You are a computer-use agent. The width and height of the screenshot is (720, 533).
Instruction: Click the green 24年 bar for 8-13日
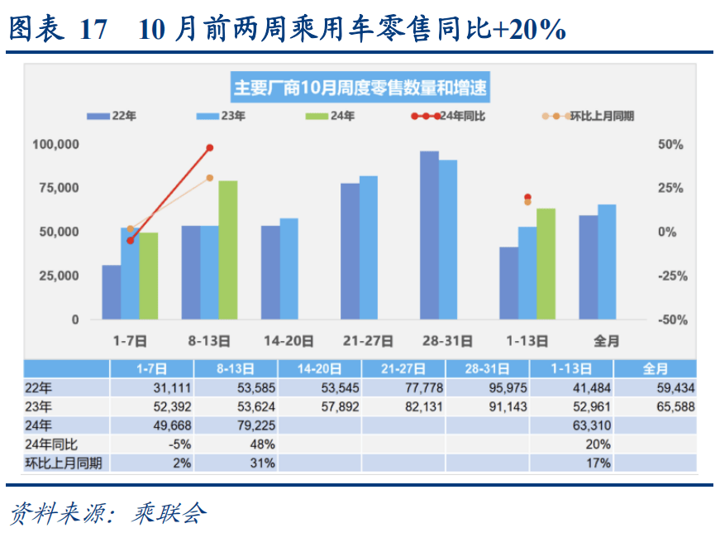(x=227, y=250)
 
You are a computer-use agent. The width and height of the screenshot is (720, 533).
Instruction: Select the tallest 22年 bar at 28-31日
(x=429, y=236)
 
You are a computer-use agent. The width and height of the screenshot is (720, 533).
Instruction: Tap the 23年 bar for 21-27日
(x=368, y=247)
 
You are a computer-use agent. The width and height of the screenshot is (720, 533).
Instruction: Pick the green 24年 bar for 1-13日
(x=546, y=264)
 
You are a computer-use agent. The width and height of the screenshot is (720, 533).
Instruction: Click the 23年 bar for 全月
(x=607, y=262)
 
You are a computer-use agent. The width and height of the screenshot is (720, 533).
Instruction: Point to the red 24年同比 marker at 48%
(x=209, y=147)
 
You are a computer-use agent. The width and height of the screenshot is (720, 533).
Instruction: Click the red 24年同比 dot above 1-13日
(x=527, y=198)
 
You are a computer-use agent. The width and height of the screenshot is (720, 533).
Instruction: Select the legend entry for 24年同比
(x=450, y=116)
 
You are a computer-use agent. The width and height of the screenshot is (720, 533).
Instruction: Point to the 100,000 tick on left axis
(x=56, y=145)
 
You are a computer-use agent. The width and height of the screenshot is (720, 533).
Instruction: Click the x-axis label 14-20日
(x=288, y=340)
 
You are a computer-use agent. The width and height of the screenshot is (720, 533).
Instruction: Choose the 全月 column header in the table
(x=654, y=368)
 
